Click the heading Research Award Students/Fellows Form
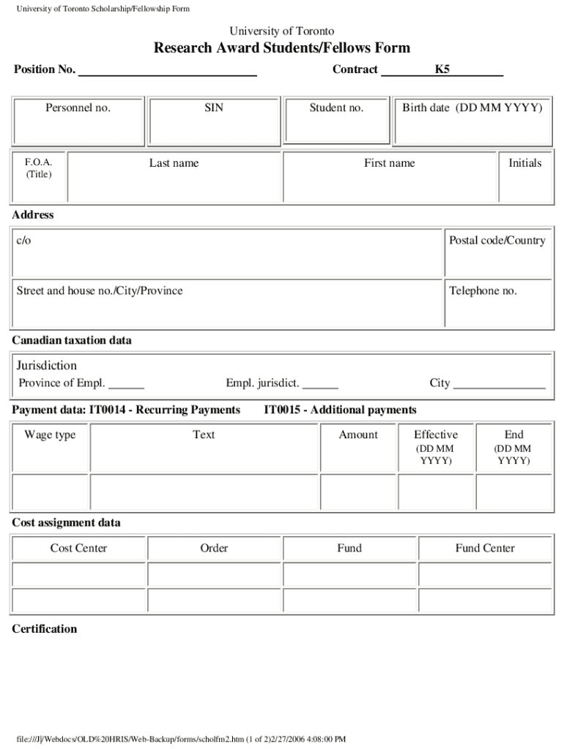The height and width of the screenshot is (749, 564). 282,48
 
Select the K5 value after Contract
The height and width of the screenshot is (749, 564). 442,69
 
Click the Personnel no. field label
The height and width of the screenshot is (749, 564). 78,108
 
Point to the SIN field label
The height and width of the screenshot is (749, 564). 214,108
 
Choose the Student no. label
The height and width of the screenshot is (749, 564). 336,108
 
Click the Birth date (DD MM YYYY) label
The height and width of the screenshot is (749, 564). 472,108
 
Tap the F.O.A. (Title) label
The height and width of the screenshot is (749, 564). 38,168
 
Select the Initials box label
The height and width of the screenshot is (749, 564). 525,163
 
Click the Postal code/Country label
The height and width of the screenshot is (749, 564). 497,241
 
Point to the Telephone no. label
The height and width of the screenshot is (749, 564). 483,291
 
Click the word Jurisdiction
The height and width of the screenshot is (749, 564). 47,366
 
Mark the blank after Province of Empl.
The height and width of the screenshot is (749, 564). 126,385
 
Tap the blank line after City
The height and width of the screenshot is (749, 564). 499,385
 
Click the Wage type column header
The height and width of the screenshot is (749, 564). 50,435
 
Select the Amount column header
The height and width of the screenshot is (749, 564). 358,435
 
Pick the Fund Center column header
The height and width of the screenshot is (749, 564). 485,549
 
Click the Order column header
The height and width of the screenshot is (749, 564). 214,549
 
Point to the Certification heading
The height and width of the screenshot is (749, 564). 45,629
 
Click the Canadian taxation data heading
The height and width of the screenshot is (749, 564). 72,341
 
